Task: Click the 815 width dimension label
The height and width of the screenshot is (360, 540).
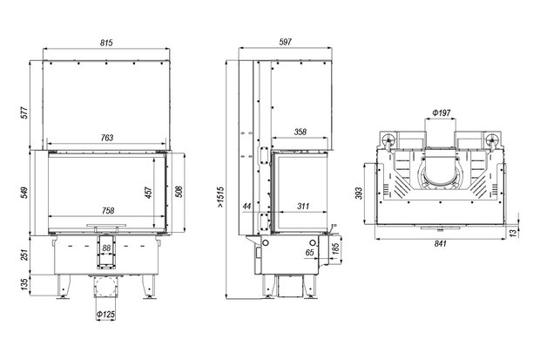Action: (106, 43)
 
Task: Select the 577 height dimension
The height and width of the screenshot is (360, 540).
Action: (24, 112)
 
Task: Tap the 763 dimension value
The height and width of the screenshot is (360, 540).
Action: (107, 138)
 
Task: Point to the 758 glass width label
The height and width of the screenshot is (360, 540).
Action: (108, 210)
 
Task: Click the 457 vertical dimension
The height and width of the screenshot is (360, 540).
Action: (148, 193)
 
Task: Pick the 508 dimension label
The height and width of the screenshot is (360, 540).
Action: (179, 192)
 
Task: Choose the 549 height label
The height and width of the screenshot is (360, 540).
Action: (24, 193)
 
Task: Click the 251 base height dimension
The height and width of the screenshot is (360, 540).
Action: (24, 255)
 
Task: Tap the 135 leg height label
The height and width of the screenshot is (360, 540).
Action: (24, 284)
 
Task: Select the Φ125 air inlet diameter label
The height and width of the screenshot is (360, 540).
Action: (105, 315)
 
